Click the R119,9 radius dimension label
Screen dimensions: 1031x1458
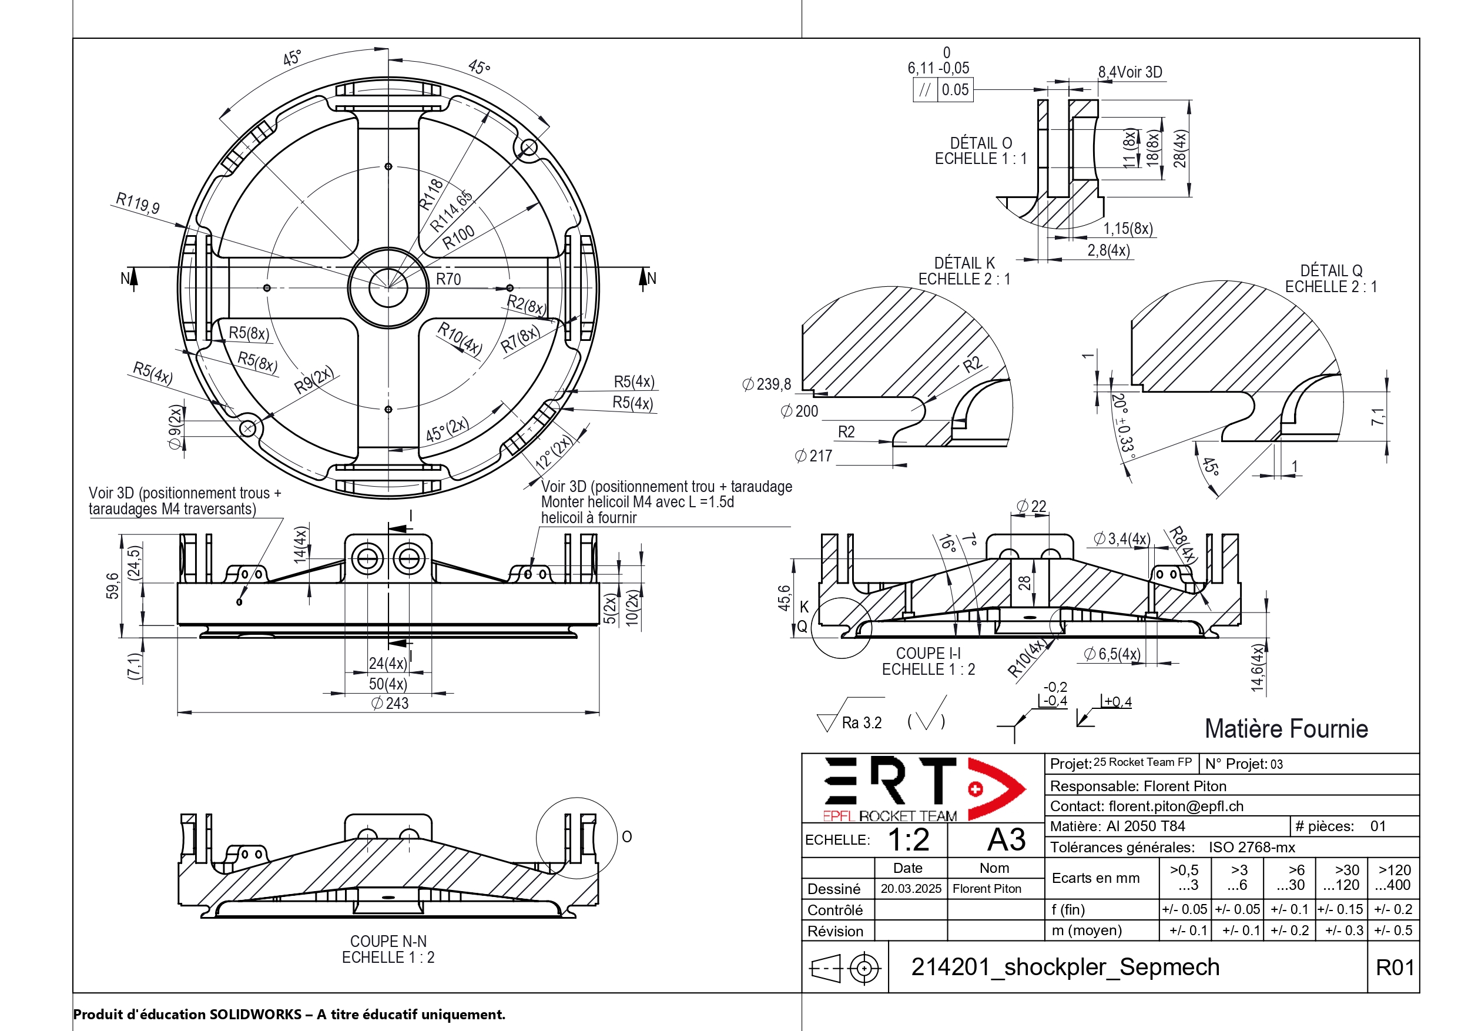click(137, 203)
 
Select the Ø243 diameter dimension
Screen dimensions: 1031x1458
click(390, 703)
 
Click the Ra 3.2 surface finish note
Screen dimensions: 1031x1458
click(861, 723)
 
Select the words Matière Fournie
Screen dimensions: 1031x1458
click(1286, 729)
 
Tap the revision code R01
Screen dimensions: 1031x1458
click(1395, 968)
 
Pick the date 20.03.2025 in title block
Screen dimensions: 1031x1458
click(911, 889)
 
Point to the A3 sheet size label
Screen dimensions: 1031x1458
click(1007, 840)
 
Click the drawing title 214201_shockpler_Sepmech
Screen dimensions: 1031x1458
click(1065, 968)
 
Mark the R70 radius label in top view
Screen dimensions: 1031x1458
click(448, 279)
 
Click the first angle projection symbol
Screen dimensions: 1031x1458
click(845, 968)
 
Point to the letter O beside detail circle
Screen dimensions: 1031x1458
click(627, 836)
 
